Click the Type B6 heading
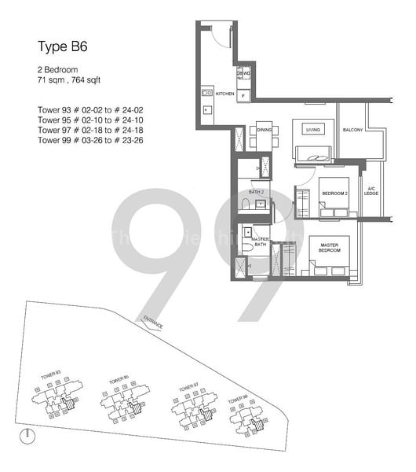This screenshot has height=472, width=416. click(x=63, y=46)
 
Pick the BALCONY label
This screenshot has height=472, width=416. click(x=352, y=130)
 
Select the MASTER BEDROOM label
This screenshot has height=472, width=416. click(x=328, y=249)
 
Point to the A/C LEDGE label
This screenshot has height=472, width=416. click(x=371, y=190)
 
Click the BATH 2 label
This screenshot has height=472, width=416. click(x=256, y=191)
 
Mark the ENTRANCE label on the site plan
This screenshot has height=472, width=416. click(x=153, y=322)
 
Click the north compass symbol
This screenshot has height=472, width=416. click(x=27, y=434)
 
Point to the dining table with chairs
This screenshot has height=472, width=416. click(x=264, y=140)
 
